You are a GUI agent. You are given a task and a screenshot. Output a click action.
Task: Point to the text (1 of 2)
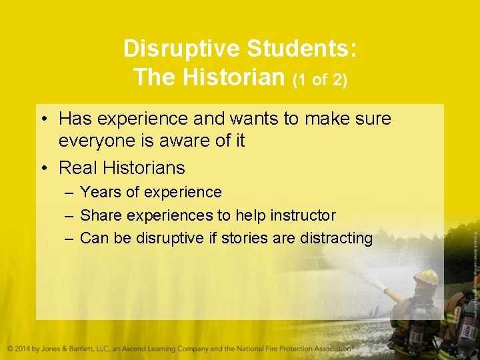pos(320,79)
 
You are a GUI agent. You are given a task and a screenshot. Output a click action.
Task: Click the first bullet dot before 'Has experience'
pos(43,119)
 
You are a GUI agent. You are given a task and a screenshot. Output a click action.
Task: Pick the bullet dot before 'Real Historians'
pos(43,167)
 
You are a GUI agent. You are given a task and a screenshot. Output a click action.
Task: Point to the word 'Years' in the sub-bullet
pos(101,192)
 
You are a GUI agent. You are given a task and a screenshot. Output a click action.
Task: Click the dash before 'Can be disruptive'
pos(69,238)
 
